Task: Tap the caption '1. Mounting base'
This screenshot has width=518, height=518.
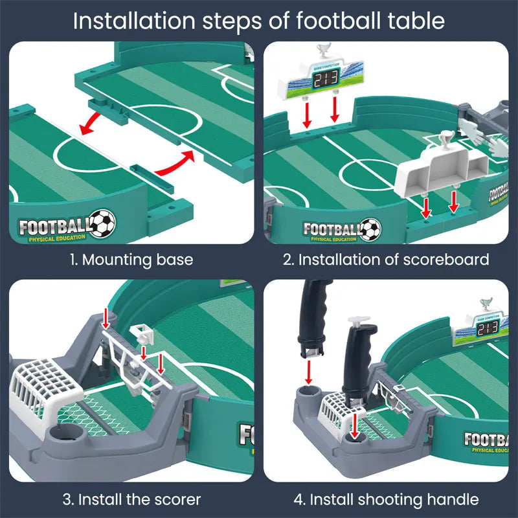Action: (x=131, y=260)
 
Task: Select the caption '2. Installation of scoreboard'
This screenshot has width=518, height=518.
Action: (x=386, y=260)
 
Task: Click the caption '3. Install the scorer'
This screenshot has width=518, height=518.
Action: (x=131, y=500)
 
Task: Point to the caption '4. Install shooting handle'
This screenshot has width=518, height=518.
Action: (x=386, y=500)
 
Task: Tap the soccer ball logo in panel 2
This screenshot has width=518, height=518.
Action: (x=370, y=229)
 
